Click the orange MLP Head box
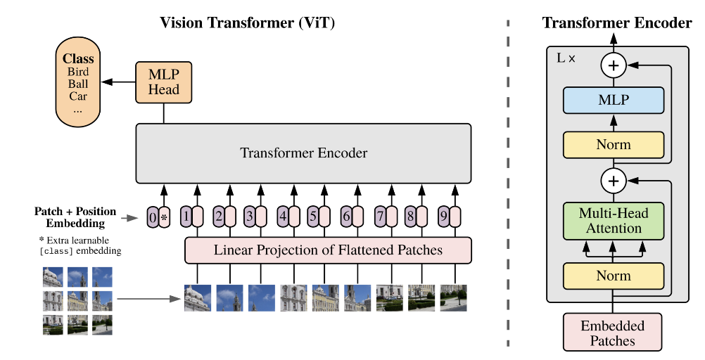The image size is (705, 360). (x=164, y=82)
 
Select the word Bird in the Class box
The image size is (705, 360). (x=78, y=72)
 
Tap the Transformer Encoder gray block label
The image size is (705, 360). (x=303, y=153)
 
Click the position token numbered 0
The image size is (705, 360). (x=153, y=217)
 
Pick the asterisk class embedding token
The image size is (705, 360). (x=165, y=217)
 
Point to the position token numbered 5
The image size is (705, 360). (x=313, y=217)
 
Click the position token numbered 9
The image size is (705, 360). (x=444, y=217)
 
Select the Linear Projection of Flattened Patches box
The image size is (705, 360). (x=328, y=250)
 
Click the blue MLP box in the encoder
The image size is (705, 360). (x=614, y=100)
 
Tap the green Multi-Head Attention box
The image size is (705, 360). (x=614, y=221)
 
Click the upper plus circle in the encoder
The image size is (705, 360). (x=614, y=65)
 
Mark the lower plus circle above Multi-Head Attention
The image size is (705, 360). (x=614, y=181)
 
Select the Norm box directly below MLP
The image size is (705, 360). (x=614, y=145)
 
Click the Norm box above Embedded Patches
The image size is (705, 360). (x=614, y=276)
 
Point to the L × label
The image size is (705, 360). (x=566, y=58)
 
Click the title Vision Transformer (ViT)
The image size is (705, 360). (x=247, y=22)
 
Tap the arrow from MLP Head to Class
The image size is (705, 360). (x=118, y=82)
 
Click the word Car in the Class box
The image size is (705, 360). (x=78, y=96)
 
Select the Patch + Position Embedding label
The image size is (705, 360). (x=75, y=217)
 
